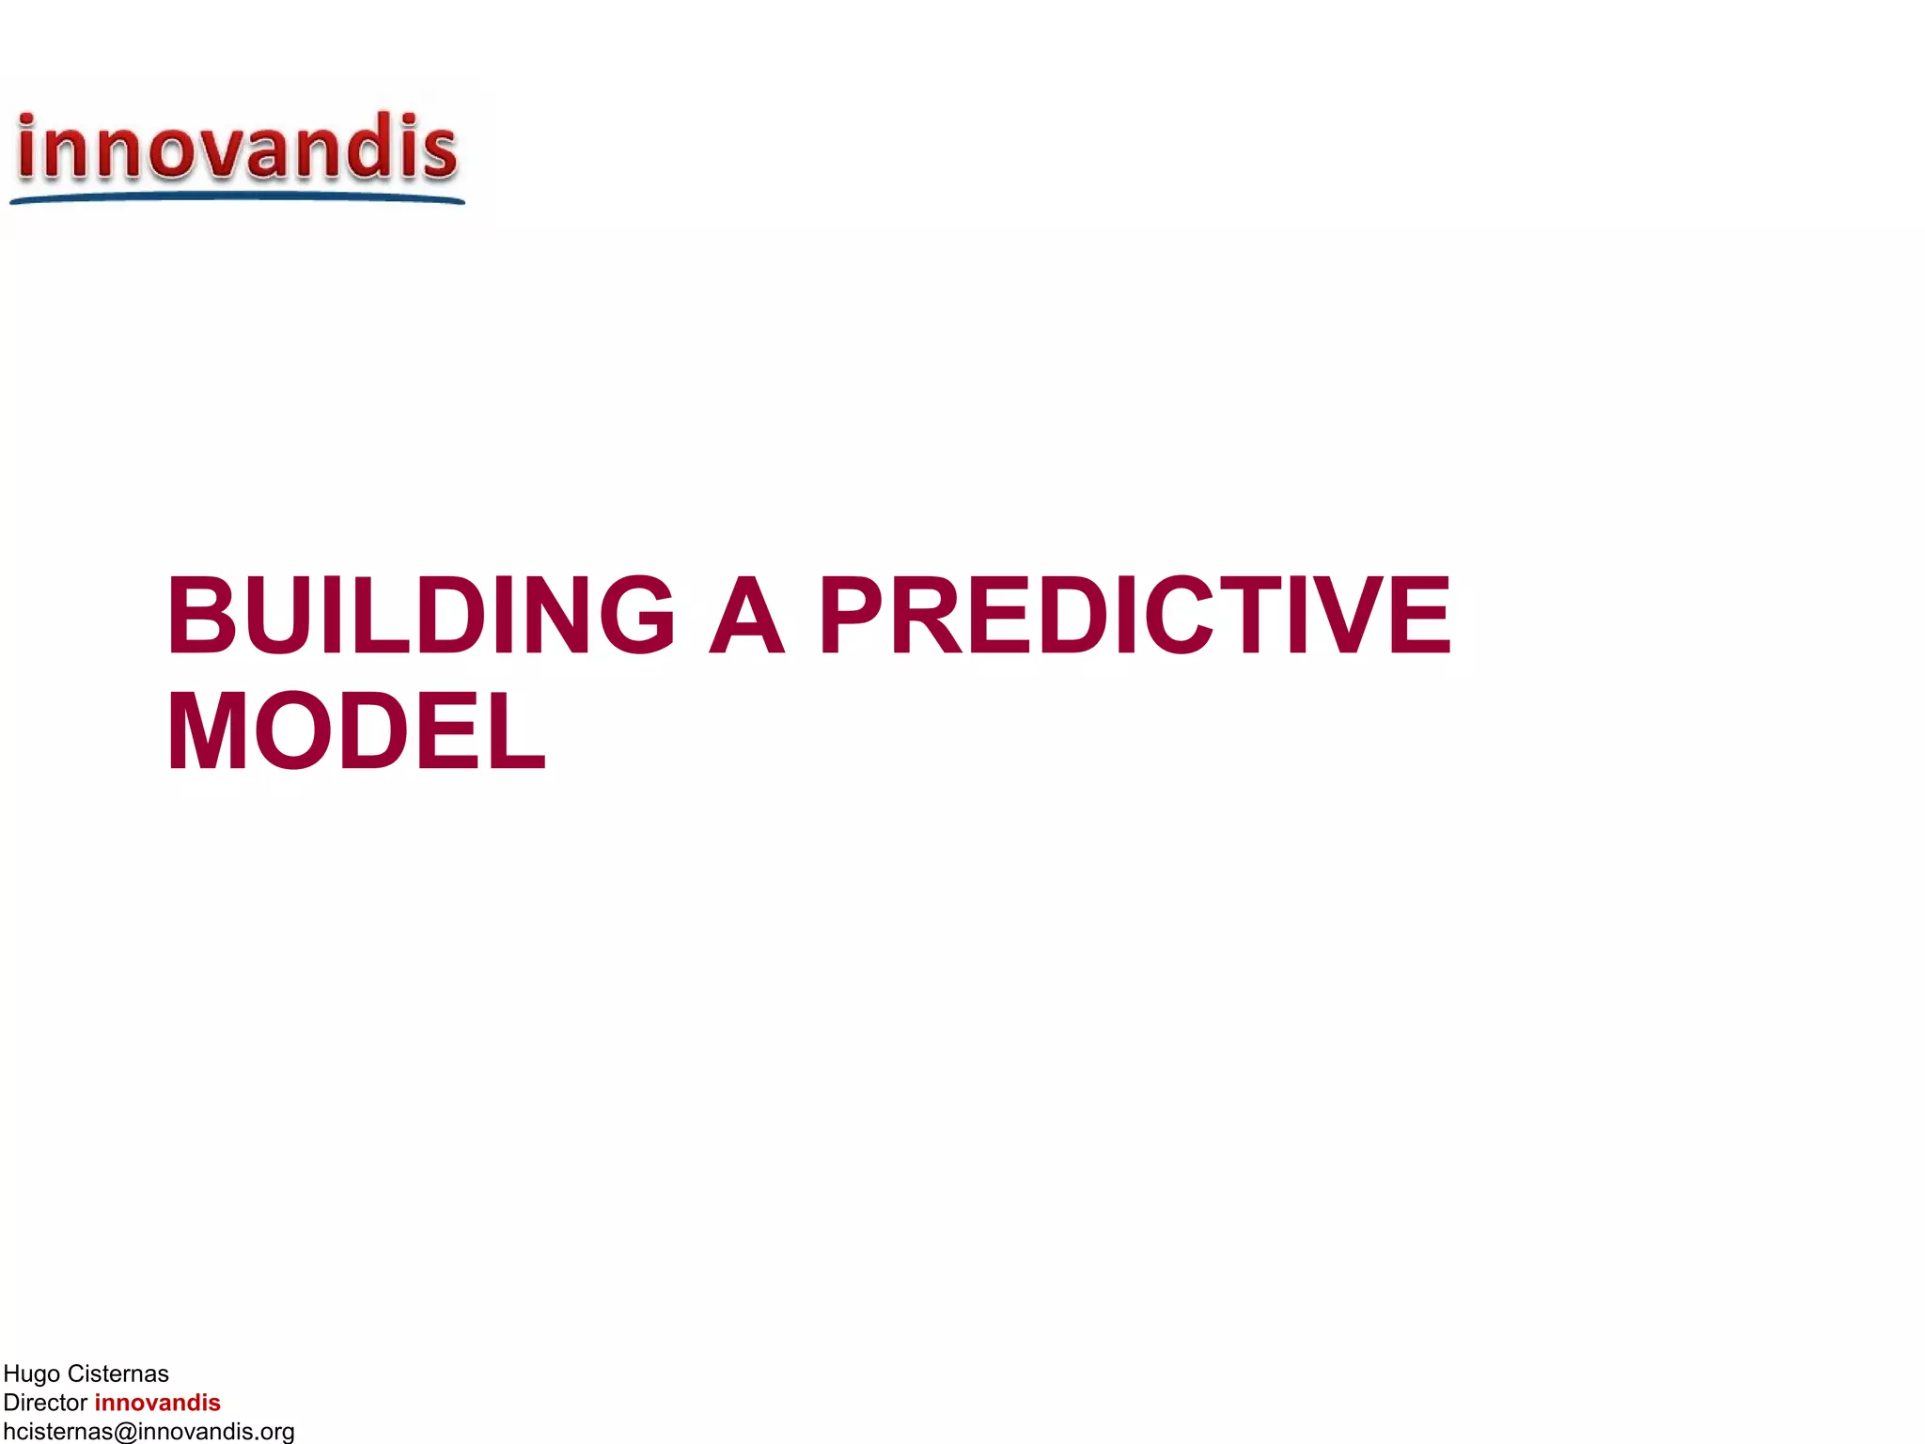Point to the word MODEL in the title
pos(355,732)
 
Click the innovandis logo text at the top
pos(237,148)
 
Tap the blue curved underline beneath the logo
pos(237,197)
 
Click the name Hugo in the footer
pos(32,1374)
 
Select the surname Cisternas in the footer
pos(117,1374)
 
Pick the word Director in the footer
pos(45,1403)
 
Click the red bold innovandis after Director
pos(157,1403)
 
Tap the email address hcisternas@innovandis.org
pos(149,1432)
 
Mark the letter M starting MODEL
pos(208,732)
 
